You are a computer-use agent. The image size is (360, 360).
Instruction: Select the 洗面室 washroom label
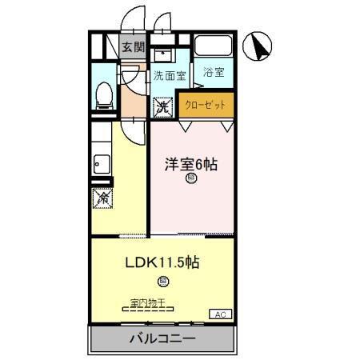[x=170, y=77]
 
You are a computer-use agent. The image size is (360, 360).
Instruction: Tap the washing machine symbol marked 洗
[x=162, y=106]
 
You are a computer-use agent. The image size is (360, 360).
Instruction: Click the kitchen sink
[x=101, y=166]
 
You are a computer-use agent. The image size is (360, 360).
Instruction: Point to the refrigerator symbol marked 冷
[x=102, y=196]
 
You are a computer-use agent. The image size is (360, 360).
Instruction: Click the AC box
[x=221, y=313]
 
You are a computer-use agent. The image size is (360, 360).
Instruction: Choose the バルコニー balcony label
[x=162, y=339]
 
